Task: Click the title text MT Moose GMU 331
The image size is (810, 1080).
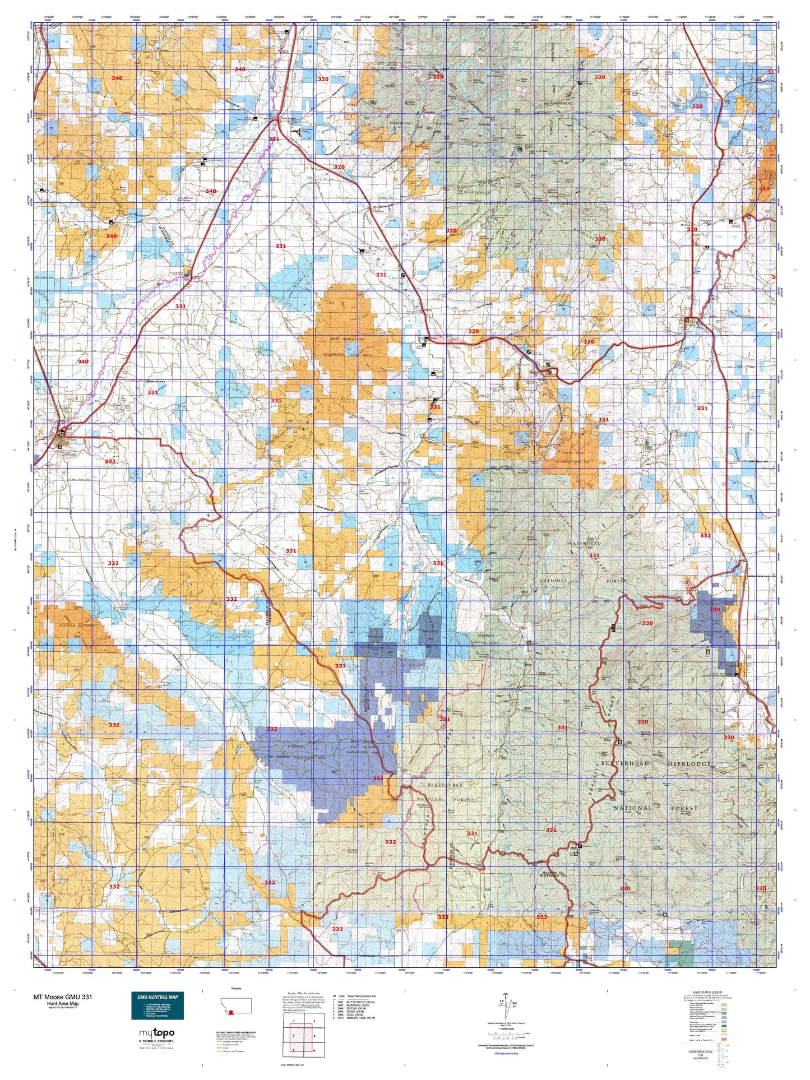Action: point(63,997)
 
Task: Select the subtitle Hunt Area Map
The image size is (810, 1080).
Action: point(63,1003)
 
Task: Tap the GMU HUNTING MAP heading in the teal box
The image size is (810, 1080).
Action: point(157,998)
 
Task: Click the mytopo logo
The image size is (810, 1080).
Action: point(156,1033)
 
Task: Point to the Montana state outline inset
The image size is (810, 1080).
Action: point(236,1005)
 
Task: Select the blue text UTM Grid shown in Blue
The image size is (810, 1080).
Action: point(506,1054)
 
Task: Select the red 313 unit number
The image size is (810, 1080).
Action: point(765,188)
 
